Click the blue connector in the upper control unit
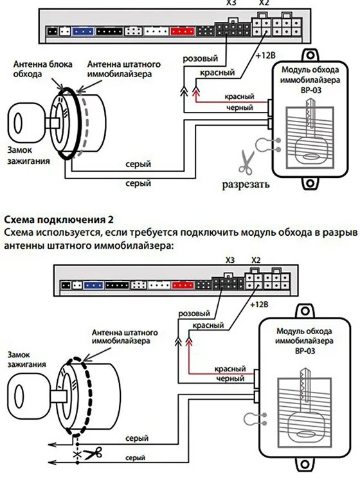(x=83, y=31)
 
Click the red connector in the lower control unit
(x=183, y=285)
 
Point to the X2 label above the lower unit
(x=256, y=260)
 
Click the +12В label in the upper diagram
(x=265, y=56)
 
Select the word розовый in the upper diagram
(x=201, y=58)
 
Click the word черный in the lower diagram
(x=230, y=378)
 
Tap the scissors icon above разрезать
(x=246, y=162)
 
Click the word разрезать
(x=246, y=184)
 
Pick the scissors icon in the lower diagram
(x=93, y=454)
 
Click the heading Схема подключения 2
(x=59, y=220)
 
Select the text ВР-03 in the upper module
(x=310, y=91)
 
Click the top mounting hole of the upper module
(x=310, y=56)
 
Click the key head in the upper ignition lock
(x=26, y=123)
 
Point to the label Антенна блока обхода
(x=43, y=69)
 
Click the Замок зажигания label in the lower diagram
(x=26, y=359)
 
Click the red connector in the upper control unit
(x=183, y=31)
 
